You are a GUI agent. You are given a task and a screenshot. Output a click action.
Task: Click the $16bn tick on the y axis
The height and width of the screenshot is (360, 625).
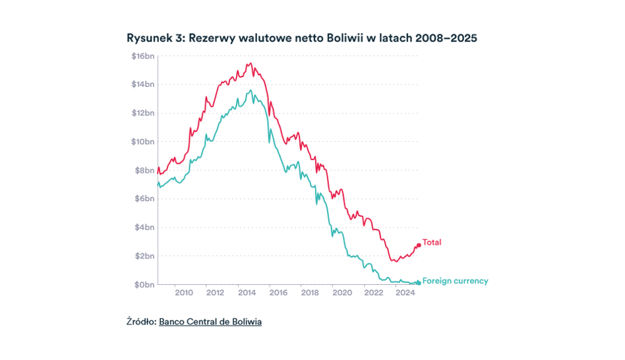(x=142, y=56)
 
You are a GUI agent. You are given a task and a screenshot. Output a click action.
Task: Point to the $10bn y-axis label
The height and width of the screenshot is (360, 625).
(x=142, y=142)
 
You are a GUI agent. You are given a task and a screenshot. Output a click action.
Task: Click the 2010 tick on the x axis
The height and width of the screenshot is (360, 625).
(x=183, y=293)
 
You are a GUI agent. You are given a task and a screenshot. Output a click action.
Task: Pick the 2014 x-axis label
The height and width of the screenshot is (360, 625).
(x=247, y=293)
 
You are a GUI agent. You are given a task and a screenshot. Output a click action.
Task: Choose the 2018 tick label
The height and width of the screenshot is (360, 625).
(x=310, y=293)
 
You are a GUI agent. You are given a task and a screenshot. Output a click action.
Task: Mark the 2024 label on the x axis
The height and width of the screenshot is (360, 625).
(x=404, y=293)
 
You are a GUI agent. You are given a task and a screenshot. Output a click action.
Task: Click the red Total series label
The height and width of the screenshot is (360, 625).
(x=432, y=243)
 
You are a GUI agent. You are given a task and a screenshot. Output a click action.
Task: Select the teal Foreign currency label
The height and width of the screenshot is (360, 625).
(x=455, y=281)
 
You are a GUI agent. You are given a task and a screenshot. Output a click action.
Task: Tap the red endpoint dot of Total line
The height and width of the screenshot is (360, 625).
(x=418, y=245)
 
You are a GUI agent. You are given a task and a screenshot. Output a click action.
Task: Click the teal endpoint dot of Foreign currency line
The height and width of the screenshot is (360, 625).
(x=418, y=283)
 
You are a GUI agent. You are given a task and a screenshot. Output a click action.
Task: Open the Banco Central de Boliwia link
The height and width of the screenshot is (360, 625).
(x=210, y=322)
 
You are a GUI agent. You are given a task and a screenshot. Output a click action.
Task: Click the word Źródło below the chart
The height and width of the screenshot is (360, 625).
(x=140, y=322)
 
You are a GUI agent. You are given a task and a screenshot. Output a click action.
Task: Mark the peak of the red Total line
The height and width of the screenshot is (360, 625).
(x=250, y=63)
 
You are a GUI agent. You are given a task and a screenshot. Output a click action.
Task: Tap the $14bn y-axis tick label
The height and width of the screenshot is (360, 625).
(x=142, y=84)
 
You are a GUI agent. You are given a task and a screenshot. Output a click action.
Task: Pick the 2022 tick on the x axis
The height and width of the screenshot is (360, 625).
(x=373, y=293)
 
